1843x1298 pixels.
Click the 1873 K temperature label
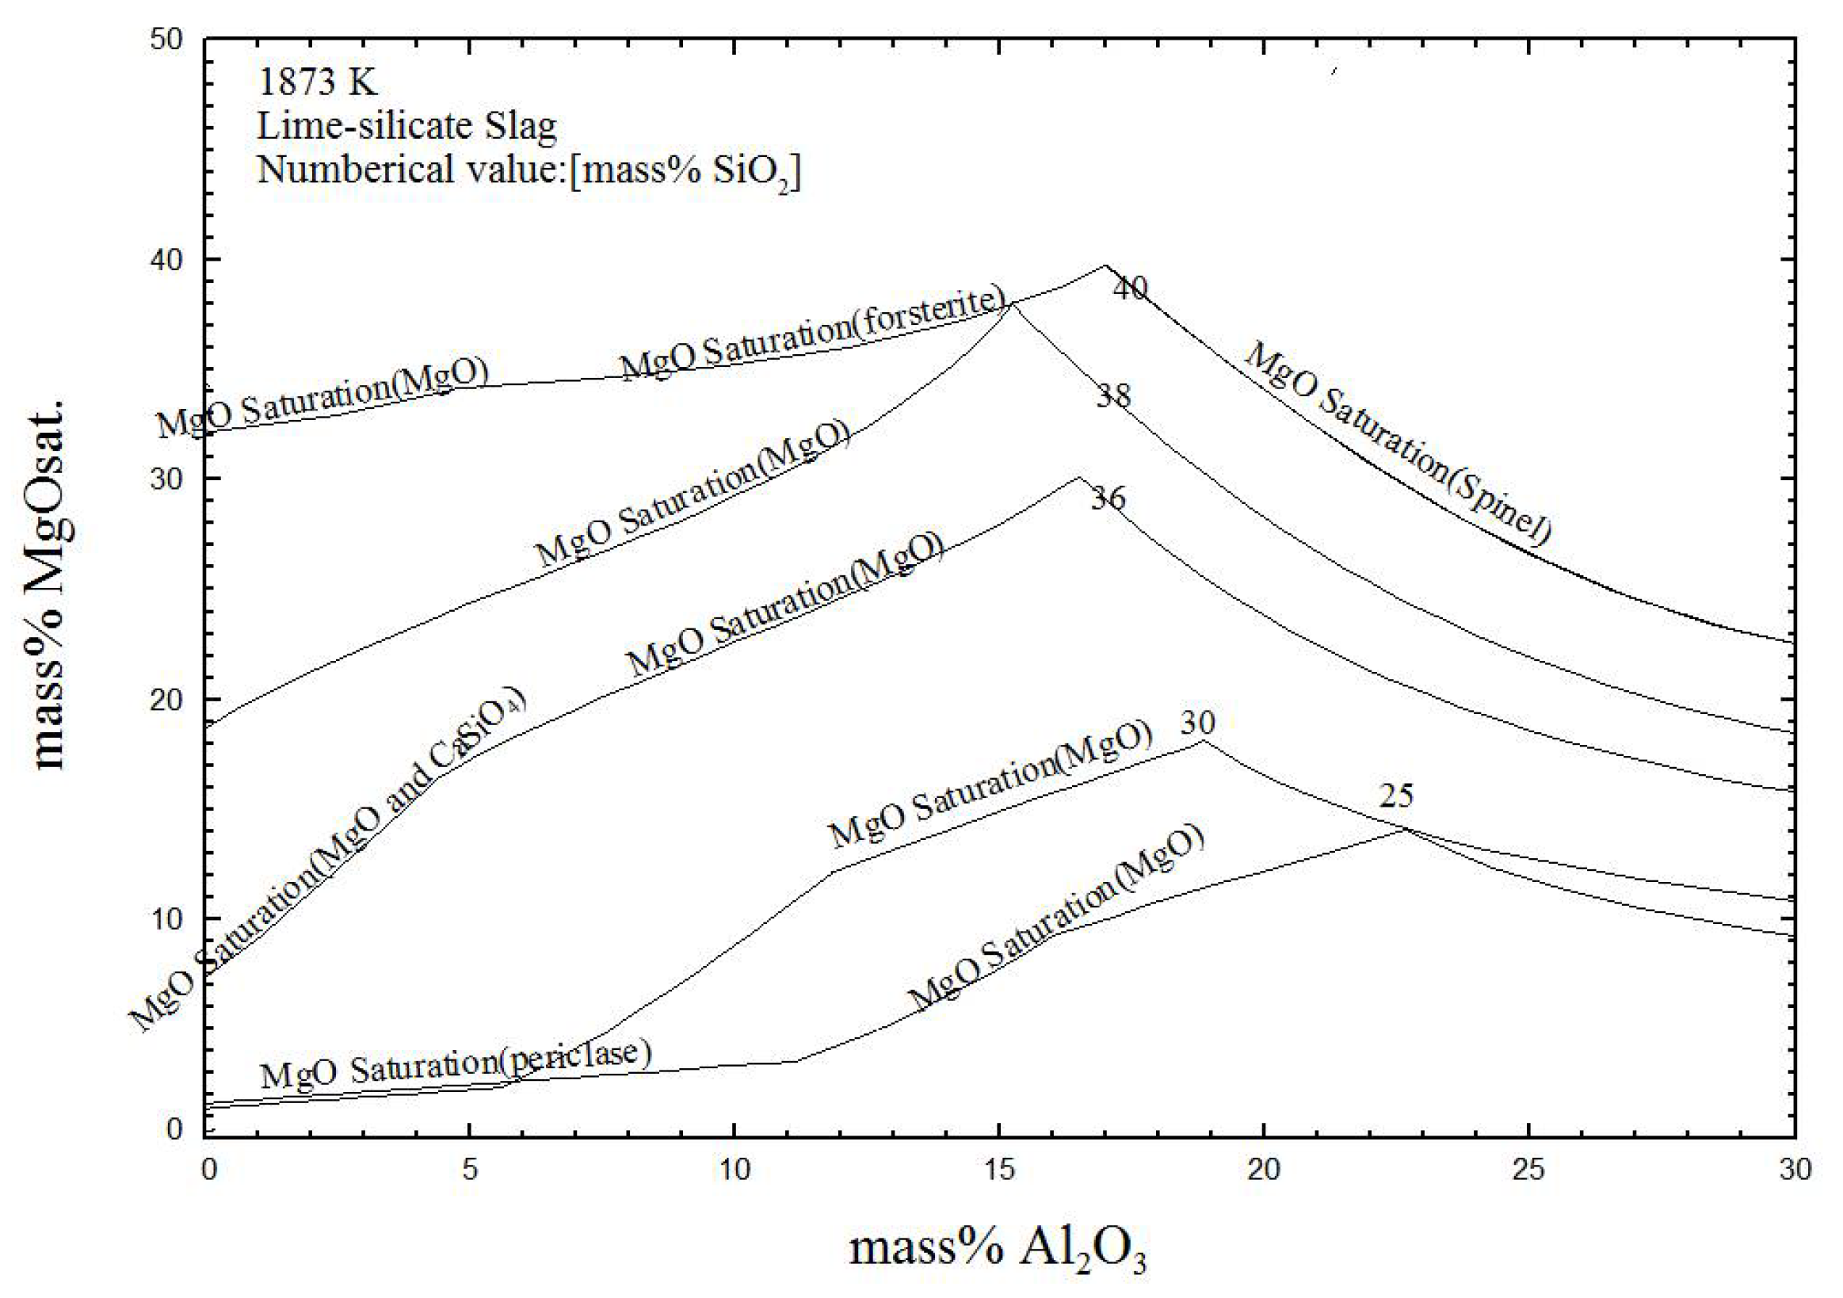tap(317, 82)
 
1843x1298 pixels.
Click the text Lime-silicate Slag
tap(406, 126)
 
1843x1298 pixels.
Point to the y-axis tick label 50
tap(167, 40)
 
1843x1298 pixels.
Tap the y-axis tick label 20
tap(167, 699)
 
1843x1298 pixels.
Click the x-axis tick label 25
tap(1528, 1170)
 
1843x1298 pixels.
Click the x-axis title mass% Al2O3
tap(998, 1249)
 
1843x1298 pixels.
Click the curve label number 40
tap(1130, 288)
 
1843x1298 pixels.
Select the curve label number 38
tap(1113, 395)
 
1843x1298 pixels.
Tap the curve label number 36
tap(1108, 498)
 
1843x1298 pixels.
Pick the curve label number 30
tap(1196, 723)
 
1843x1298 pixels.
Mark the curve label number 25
tap(1396, 796)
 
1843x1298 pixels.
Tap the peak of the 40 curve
tap(1105, 265)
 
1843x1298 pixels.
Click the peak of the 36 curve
tap(1079, 478)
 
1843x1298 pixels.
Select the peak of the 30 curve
tap(1203, 741)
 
